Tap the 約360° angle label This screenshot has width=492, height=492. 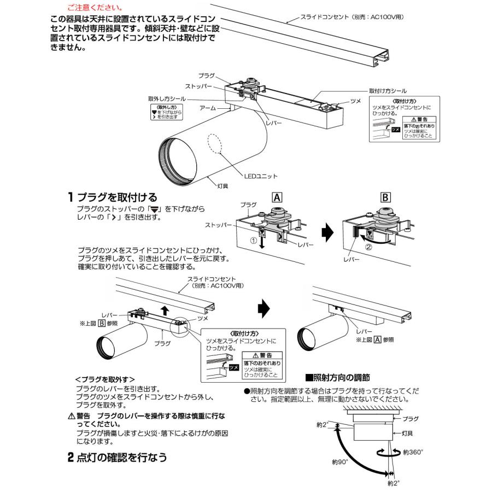click(x=413, y=452)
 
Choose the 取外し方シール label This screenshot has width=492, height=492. click(x=167, y=98)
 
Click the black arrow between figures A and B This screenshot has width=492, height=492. click(x=327, y=233)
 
